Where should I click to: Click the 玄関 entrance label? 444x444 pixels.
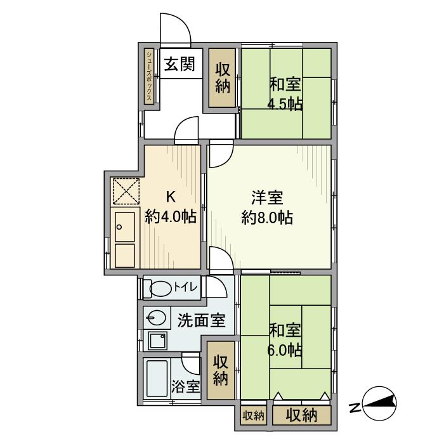(180, 63)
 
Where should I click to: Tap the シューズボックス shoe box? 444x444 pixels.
(149, 76)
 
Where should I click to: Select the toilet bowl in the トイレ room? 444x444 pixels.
(160, 289)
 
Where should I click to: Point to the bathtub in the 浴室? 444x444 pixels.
(157, 378)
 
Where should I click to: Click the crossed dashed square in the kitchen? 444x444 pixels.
(126, 191)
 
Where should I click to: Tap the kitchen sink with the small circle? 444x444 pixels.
(125, 227)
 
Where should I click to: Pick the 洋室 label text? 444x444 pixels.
(267, 198)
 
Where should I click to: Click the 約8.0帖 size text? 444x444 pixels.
(267, 218)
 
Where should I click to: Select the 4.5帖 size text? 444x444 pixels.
(285, 105)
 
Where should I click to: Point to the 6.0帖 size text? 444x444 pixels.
(285, 351)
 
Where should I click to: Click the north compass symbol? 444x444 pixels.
(379, 403)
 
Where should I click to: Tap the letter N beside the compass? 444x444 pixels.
(354, 408)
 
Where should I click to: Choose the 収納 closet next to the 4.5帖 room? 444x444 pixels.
(222, 78)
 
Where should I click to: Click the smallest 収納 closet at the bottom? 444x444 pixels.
(254, 415)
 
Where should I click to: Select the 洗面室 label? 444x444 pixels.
(201, 320)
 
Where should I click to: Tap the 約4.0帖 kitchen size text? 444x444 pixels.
(171, 217)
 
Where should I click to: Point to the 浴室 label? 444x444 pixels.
(185, 386)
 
